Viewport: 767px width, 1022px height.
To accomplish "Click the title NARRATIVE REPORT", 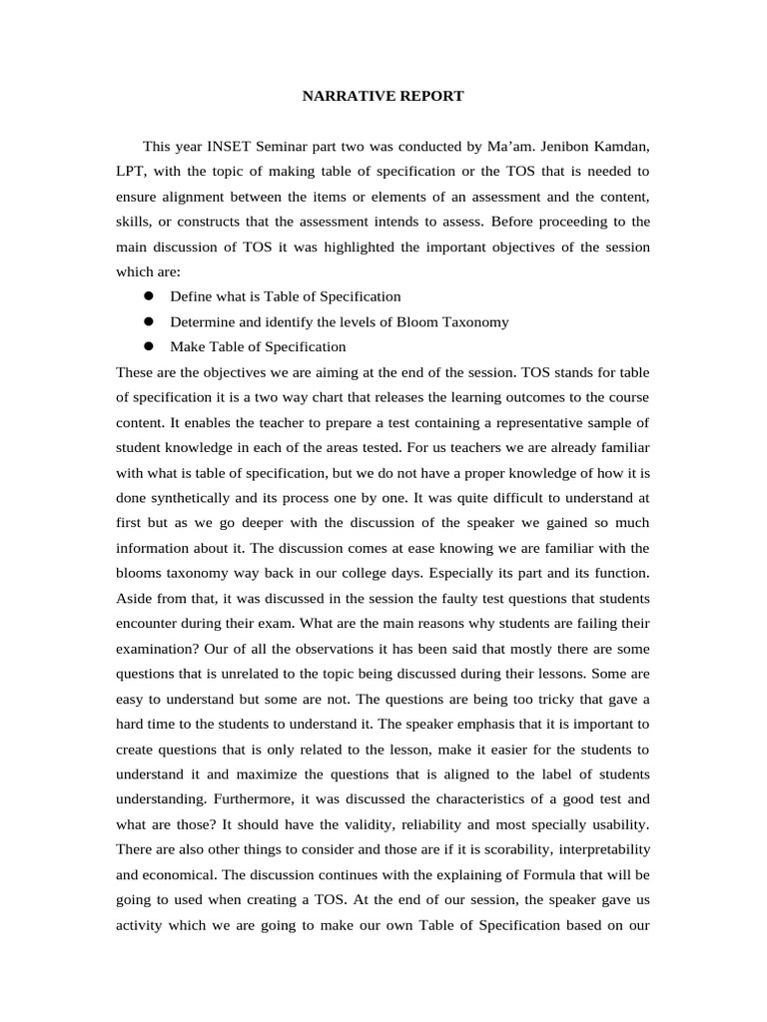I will coord(383,97).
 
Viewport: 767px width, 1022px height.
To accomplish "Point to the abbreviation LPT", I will coord(131,172).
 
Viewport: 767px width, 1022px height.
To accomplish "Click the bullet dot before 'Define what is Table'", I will coord(147,296).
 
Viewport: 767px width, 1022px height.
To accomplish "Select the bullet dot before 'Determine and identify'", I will coord(147,321).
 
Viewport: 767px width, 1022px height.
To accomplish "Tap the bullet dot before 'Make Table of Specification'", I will coord(147,346).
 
